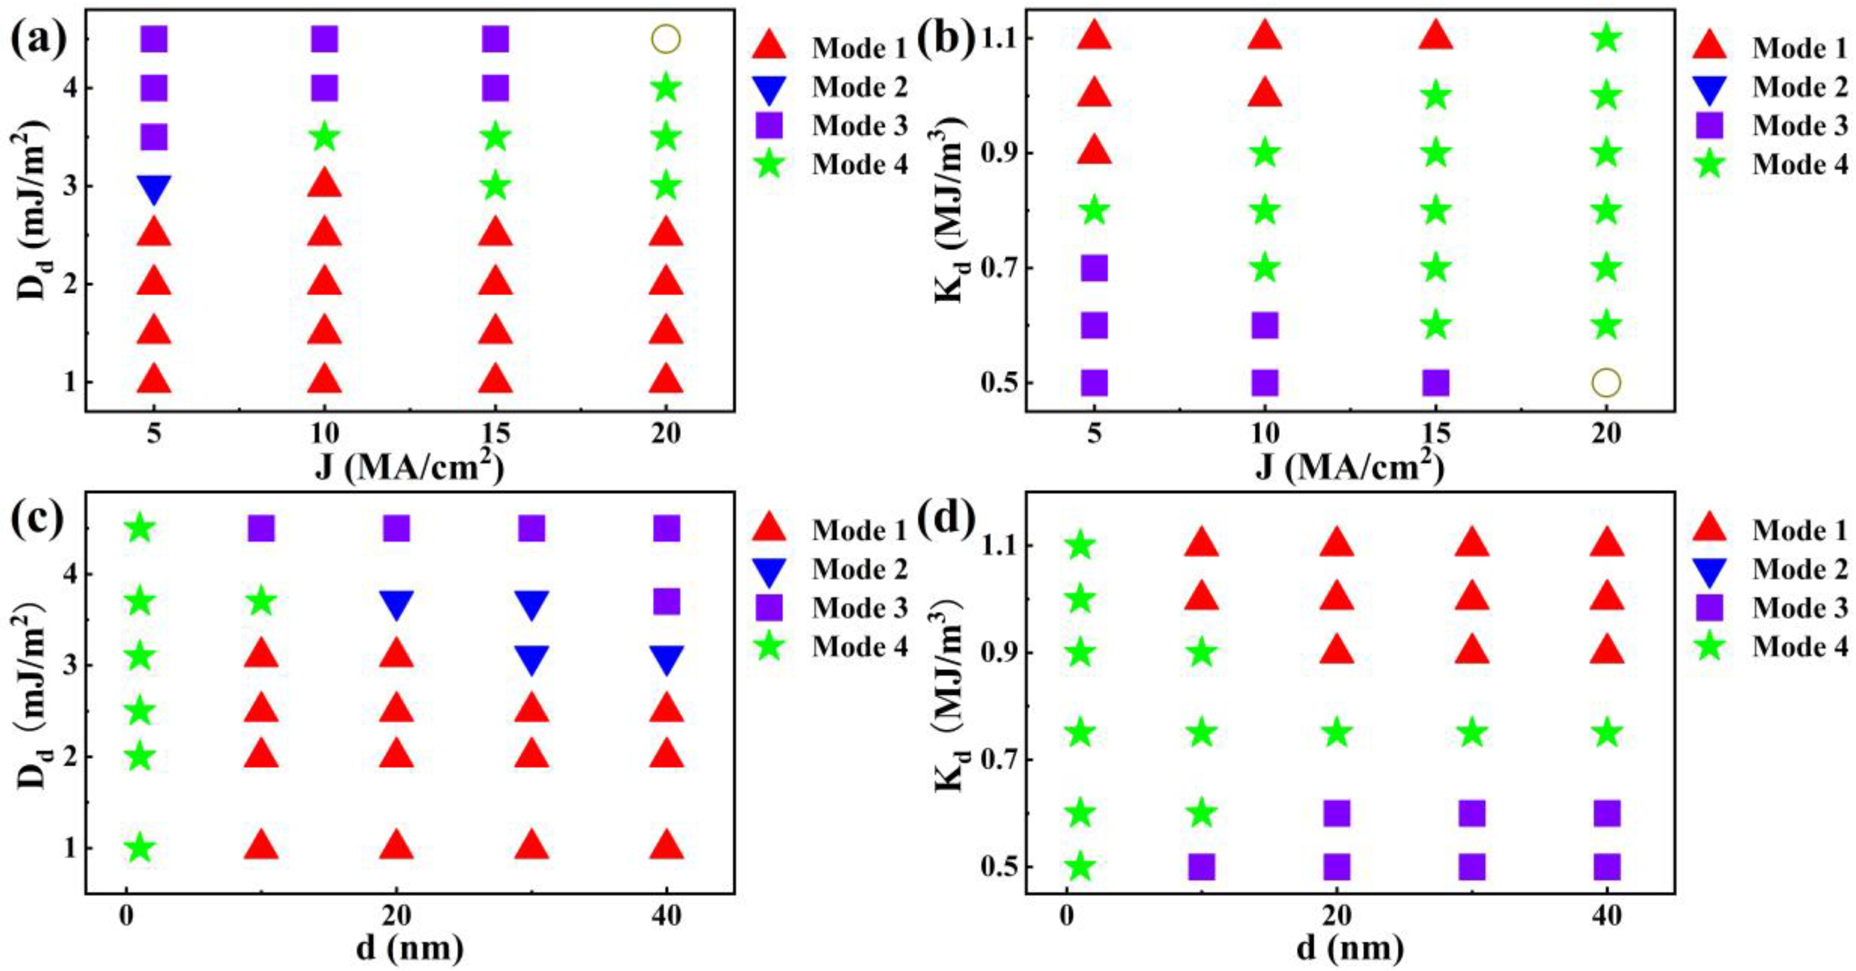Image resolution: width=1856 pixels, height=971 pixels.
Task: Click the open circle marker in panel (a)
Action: coord(666,39)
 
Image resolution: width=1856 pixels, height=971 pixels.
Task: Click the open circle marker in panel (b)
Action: coord(1606,382)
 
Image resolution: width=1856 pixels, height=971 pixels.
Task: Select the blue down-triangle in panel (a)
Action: coord(154,188)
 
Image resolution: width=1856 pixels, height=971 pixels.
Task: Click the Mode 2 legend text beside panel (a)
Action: coord(859,87)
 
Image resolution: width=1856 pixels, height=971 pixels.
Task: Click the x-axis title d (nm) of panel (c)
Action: coord(409,948)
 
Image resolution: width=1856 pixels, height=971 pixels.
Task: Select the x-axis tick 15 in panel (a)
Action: coord(495,434)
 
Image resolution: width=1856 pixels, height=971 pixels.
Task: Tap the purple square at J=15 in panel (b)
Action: coord(1435,383)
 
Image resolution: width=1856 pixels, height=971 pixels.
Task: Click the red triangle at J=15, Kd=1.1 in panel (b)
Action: coord(1435,35)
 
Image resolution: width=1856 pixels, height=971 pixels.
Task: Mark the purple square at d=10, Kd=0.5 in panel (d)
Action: coord(1201,867)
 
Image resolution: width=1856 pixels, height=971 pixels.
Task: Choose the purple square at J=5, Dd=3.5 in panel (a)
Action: coord(154,136)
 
